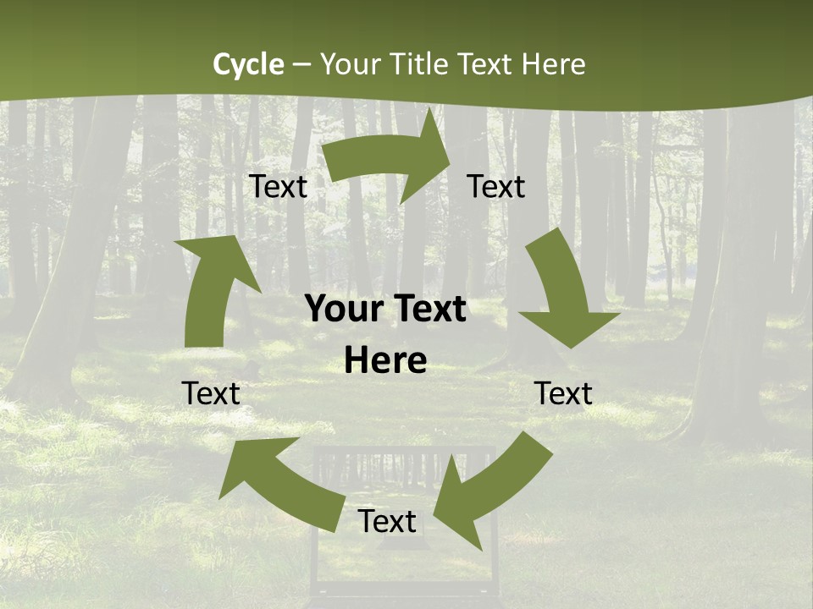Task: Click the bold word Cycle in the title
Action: click(248, 64)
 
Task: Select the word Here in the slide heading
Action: click(554, 64)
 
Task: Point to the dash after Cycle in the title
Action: click(301, 65)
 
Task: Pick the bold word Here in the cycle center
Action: click(385, 361)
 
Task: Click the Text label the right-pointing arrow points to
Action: click(496, 186)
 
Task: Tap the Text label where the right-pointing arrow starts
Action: click(279, 186)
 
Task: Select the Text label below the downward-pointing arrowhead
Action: click(563, 393)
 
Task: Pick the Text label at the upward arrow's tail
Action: click(211, 393)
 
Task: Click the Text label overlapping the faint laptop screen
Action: click(387, 521)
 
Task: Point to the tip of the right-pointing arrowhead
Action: click(450, 151)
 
